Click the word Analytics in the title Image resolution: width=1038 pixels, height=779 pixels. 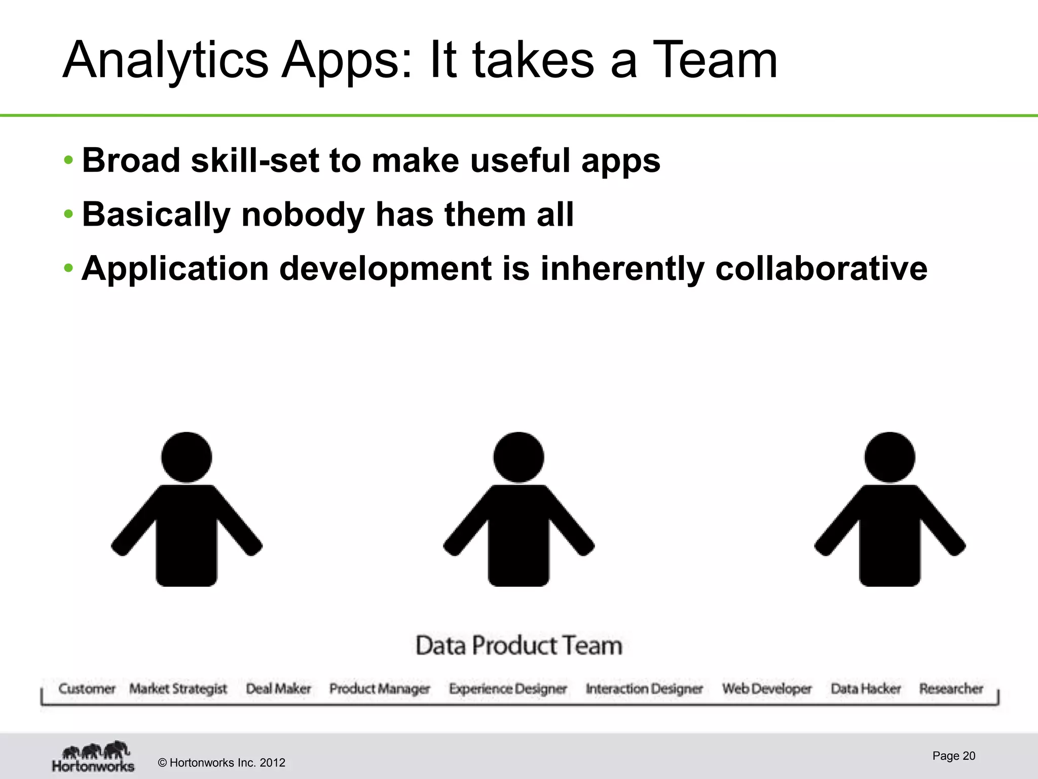pos(165,61)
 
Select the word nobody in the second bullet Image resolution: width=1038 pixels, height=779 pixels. pos(303,215)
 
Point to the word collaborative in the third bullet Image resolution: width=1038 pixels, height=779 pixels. pos(821,268)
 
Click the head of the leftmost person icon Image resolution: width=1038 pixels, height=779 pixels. pos(187,456)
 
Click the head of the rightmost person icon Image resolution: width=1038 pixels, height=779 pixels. pos(889,456)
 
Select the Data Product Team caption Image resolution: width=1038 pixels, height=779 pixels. pos(518,646)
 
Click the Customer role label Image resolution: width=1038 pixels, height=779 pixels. pos(87,689)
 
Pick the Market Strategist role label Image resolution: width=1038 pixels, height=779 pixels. pos(178,689)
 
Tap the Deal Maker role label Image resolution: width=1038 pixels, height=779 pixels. pos(278,689)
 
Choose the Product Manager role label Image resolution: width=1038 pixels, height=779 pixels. pos(380,689)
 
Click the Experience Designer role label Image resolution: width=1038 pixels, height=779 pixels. pos(508,689)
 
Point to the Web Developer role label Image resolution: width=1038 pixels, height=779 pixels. pos(767,689)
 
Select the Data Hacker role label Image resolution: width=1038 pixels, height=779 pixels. pos(866,689)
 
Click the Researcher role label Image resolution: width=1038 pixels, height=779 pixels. pos(951,689)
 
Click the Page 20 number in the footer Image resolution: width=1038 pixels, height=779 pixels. pos(953,756)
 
